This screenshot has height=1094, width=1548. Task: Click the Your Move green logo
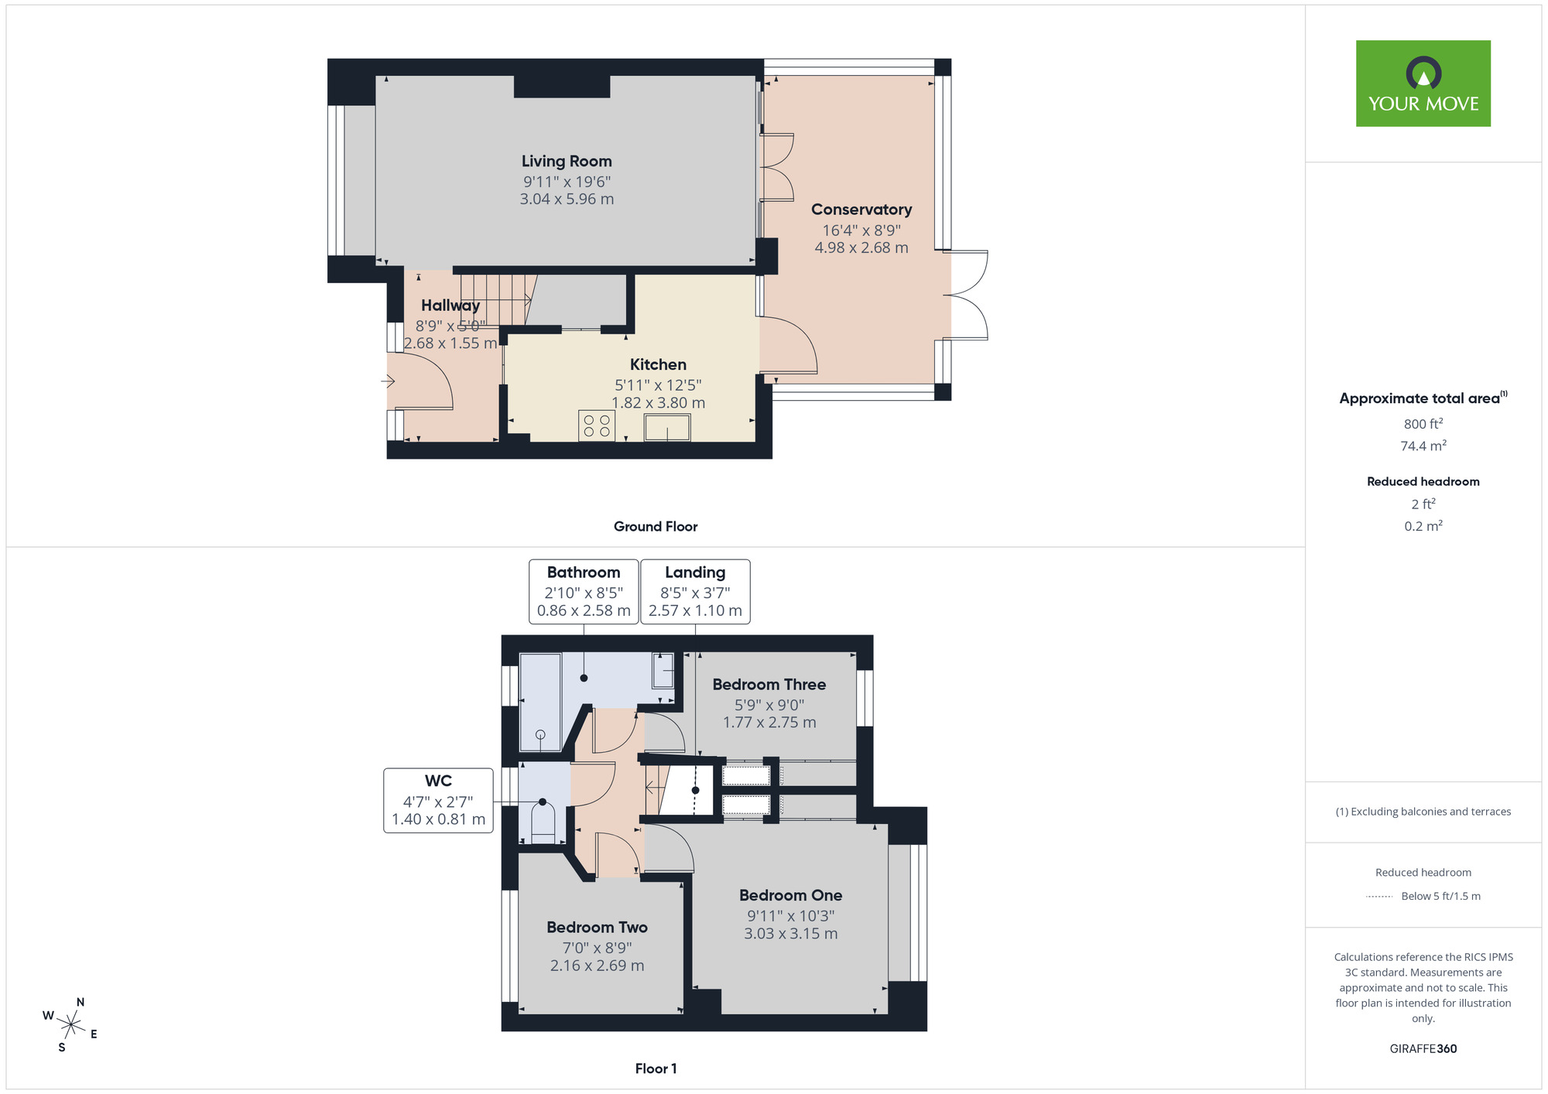point(1423,84)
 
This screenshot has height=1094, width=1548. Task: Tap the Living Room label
point(567,161)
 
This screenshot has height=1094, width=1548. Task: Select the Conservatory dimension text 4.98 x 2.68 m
point(861,248)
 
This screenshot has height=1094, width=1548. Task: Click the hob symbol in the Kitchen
point(597,426)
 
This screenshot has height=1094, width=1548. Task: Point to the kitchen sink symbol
point(667,427)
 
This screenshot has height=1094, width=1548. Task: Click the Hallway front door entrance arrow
point(389,381)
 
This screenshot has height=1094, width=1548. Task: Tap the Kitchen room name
point(658,364)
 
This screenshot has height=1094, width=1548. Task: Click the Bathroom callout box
point(584,591)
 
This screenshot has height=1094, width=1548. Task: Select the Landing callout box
point(695,591)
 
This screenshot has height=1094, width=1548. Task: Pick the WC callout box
point(438,800)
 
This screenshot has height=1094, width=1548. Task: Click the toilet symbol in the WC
point(543,824)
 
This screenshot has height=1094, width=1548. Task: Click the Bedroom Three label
point(769,685)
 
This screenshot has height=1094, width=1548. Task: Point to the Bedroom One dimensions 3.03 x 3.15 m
point(790,934)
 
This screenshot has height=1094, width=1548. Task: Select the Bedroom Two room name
point(597,927)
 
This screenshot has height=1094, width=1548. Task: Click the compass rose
point(70,1025)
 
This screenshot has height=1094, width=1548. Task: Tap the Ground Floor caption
point(656,526)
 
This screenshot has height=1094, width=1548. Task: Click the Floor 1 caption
point(656,1068)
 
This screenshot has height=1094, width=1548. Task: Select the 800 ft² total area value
point(1423,424)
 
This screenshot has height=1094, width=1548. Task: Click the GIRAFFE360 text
point(1423,1049)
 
